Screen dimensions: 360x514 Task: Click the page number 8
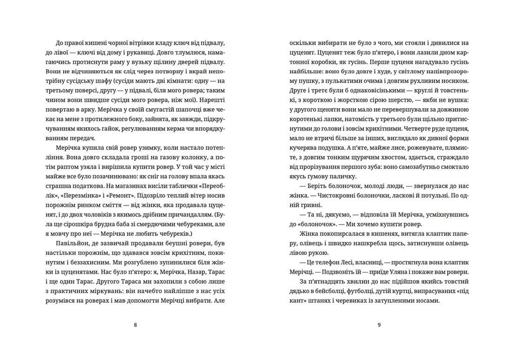pyautogui.click(x=135, y=325)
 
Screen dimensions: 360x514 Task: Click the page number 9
pyautogui.click(x=379, y=325)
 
